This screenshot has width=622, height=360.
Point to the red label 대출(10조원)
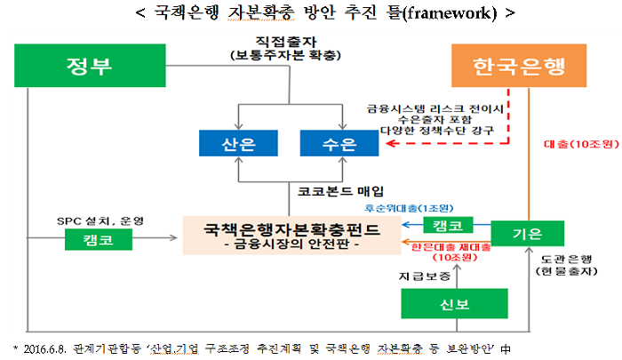point(574,143)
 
